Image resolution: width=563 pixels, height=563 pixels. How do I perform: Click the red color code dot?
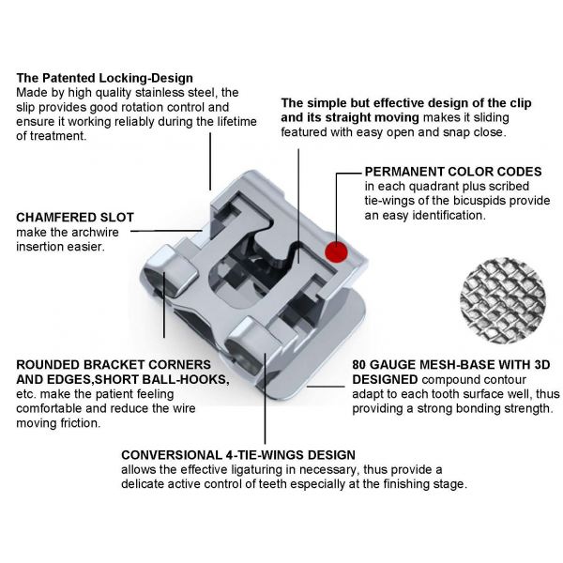(336, 251)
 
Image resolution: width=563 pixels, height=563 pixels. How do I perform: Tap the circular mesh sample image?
(503, 300)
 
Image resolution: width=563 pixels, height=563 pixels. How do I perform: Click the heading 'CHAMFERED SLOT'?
(75, 218)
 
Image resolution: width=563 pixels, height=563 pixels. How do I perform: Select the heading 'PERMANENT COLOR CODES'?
(453, 172)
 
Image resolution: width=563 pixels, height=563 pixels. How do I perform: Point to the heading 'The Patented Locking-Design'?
(104, 78)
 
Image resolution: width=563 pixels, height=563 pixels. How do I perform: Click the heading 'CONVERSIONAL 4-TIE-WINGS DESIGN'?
(238, 455)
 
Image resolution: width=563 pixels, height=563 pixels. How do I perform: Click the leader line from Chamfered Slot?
(167, 231)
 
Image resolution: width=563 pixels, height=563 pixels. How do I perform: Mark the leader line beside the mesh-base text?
(326, 387)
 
